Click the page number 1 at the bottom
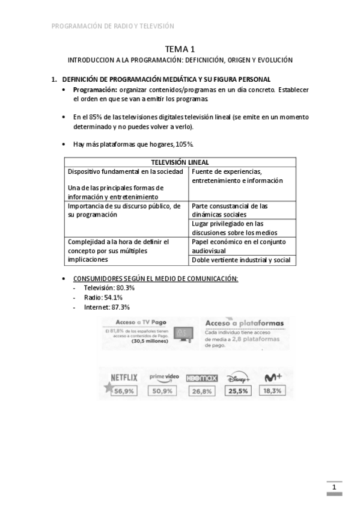click(x=334, y=487)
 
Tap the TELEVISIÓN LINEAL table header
click(x=180, y=162)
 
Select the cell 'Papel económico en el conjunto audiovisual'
click(x=243, y=246)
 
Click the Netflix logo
click(x=124, y=378)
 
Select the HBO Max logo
click(x=199, y=378)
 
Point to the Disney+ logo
click(x=239, y=378)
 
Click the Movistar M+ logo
click(x=272, y=378)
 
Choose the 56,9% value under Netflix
click(x=124, y=392)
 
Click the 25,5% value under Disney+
click(x=239, y=392)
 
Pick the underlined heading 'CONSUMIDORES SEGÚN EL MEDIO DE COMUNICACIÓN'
click(x=155, y=278)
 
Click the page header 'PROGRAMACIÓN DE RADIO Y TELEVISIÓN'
click(x=113, y=26)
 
